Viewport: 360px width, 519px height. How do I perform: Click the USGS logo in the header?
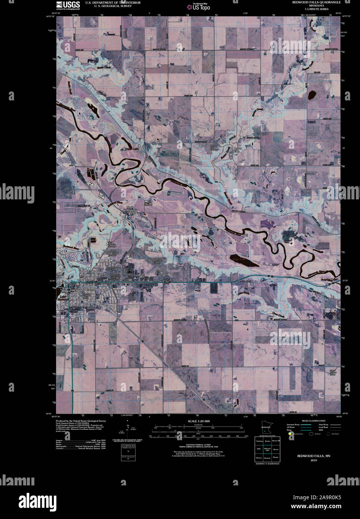(68, 5)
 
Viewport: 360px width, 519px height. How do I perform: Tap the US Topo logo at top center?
(201, 6)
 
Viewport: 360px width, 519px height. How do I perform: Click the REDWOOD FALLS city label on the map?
(83, 290)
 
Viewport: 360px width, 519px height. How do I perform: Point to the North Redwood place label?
(132, 209)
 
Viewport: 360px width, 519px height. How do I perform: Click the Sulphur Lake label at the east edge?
(329, 280)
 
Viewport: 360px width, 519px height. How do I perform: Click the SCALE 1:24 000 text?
(199, 421)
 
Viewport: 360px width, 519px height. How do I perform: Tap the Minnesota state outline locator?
(266, 430)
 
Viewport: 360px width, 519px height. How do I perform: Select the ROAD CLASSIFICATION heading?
(314, 421)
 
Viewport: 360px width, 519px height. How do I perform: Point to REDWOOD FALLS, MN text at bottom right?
(313, 456)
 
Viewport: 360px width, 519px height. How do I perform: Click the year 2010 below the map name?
(313, 460)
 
